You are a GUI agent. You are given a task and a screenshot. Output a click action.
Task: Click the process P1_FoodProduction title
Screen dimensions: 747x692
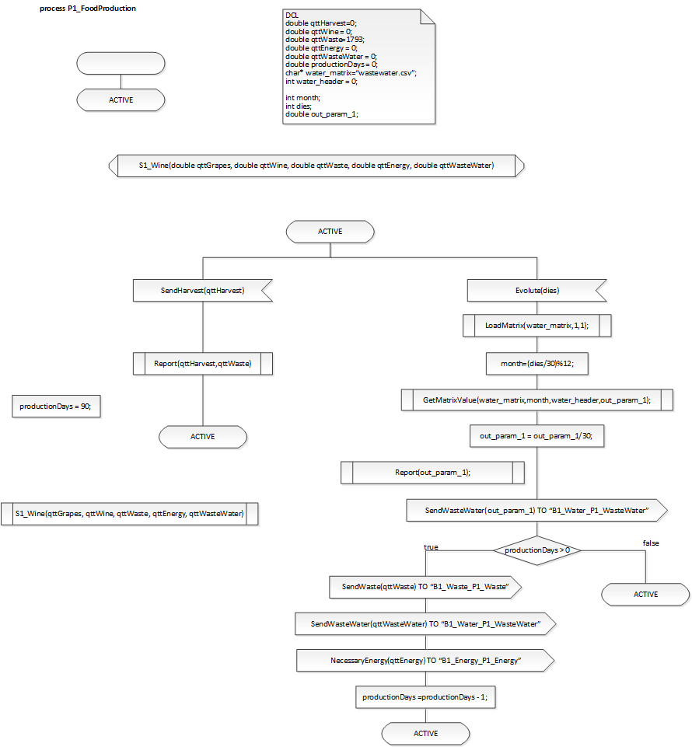87,9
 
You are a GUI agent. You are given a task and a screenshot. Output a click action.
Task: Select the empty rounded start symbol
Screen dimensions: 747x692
121,63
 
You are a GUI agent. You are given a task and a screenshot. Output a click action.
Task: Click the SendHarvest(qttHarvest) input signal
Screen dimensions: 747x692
202,291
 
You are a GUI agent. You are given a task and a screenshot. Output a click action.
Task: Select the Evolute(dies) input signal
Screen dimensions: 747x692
536,291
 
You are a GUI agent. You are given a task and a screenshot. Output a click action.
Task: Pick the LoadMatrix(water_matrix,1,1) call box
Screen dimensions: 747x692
536,326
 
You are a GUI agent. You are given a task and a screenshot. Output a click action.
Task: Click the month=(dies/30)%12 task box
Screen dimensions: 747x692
536,362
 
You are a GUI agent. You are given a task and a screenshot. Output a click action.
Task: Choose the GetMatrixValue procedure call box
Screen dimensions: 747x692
536,400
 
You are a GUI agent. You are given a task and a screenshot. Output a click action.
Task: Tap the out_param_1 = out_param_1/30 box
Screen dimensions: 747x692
536,436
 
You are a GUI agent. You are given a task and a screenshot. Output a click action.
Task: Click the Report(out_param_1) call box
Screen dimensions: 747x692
432,472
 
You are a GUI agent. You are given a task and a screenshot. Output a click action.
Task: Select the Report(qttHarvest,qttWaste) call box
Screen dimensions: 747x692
202,363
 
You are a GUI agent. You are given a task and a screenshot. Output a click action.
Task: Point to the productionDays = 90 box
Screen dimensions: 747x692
56,407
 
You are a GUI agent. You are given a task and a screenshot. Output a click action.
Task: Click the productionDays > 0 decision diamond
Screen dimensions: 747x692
536,550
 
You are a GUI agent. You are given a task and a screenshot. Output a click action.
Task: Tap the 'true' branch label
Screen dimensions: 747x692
431,547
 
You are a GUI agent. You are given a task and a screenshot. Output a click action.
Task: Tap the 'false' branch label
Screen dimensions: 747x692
651,543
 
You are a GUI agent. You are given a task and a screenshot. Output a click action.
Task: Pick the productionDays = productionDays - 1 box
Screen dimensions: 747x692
425,696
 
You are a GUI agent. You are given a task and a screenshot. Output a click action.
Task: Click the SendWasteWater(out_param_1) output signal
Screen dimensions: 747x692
536,510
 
